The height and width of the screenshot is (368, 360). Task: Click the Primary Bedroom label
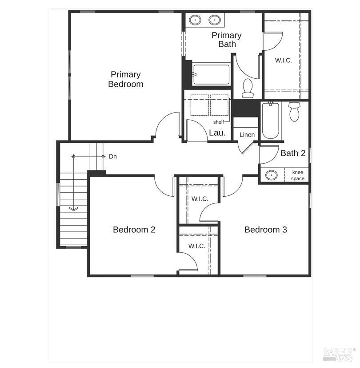tap(126, 79)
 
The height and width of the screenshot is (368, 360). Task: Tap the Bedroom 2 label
tap(134, 230)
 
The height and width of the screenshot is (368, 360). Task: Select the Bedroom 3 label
tap(265, 230)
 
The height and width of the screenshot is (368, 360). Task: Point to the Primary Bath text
tap(227, 40)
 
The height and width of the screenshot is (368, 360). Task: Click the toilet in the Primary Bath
tap(248, 88)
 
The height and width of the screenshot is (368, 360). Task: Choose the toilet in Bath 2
tap(294, 112)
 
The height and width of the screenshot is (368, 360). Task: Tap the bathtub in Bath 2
tap(271, 121)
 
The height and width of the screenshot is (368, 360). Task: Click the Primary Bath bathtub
tap(211, 75)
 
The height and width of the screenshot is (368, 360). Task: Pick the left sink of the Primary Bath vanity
tap(195, 20)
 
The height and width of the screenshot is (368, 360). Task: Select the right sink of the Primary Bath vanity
tap(215, 20)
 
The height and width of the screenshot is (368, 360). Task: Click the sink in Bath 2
tap(272, 175)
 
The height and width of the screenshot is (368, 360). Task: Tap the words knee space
tap(298, 175)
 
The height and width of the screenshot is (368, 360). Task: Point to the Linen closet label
tap(247, 135)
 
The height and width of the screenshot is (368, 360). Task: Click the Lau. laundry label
tap(217, 133)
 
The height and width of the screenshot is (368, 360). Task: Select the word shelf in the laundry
tap(218, 122)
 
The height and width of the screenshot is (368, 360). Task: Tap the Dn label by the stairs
tap(113, 157)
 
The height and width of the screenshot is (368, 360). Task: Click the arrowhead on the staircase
tap(74, 209)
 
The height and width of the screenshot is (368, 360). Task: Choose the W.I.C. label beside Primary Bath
tap(284, 61)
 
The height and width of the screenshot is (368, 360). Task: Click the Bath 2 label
tap(293, 153)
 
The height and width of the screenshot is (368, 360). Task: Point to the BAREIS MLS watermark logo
tap(338, 355)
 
